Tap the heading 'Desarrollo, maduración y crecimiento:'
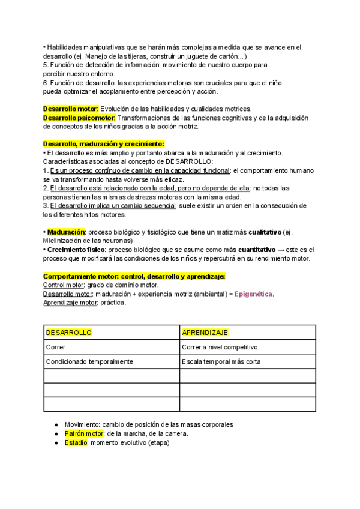coord(104,144)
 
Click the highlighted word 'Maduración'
coord(66,232)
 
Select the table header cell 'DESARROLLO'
coord(69,333)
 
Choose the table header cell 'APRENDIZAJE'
coord(205,333)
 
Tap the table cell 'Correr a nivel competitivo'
coord(220,347)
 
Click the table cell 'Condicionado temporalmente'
coord(89,361)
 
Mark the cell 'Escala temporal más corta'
coord(221,361)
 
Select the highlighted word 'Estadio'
coord(76,442)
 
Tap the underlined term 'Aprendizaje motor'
coord(70,303)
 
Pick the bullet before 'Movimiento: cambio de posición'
coord(55,424)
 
